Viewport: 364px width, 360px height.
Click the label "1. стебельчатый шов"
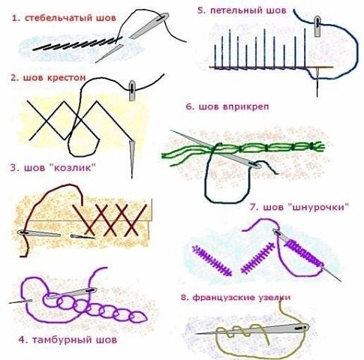pyautogui.click(x=64, y=18)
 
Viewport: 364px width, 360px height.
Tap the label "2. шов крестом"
pyautogui.click(x=48, y=78)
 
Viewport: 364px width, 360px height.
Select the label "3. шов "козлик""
pyautogui.click(x=53, y=167)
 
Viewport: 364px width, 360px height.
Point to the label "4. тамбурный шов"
pyautogui.click(x=68, y=340)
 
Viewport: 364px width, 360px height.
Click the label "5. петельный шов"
pyautogui.click(x=242, y=10)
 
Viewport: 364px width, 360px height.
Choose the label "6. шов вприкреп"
pyautogui.click(x=227, y=106)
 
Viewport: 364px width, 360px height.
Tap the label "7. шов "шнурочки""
pyautogui.click(x=299, y=207)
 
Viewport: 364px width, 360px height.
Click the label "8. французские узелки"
pyautogui.click(x=236, y=298)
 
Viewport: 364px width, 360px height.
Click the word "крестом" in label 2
pyautogui.click(x=66, y=78)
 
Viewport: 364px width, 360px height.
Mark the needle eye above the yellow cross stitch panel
pyautogui.click(x=131, y=88)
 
